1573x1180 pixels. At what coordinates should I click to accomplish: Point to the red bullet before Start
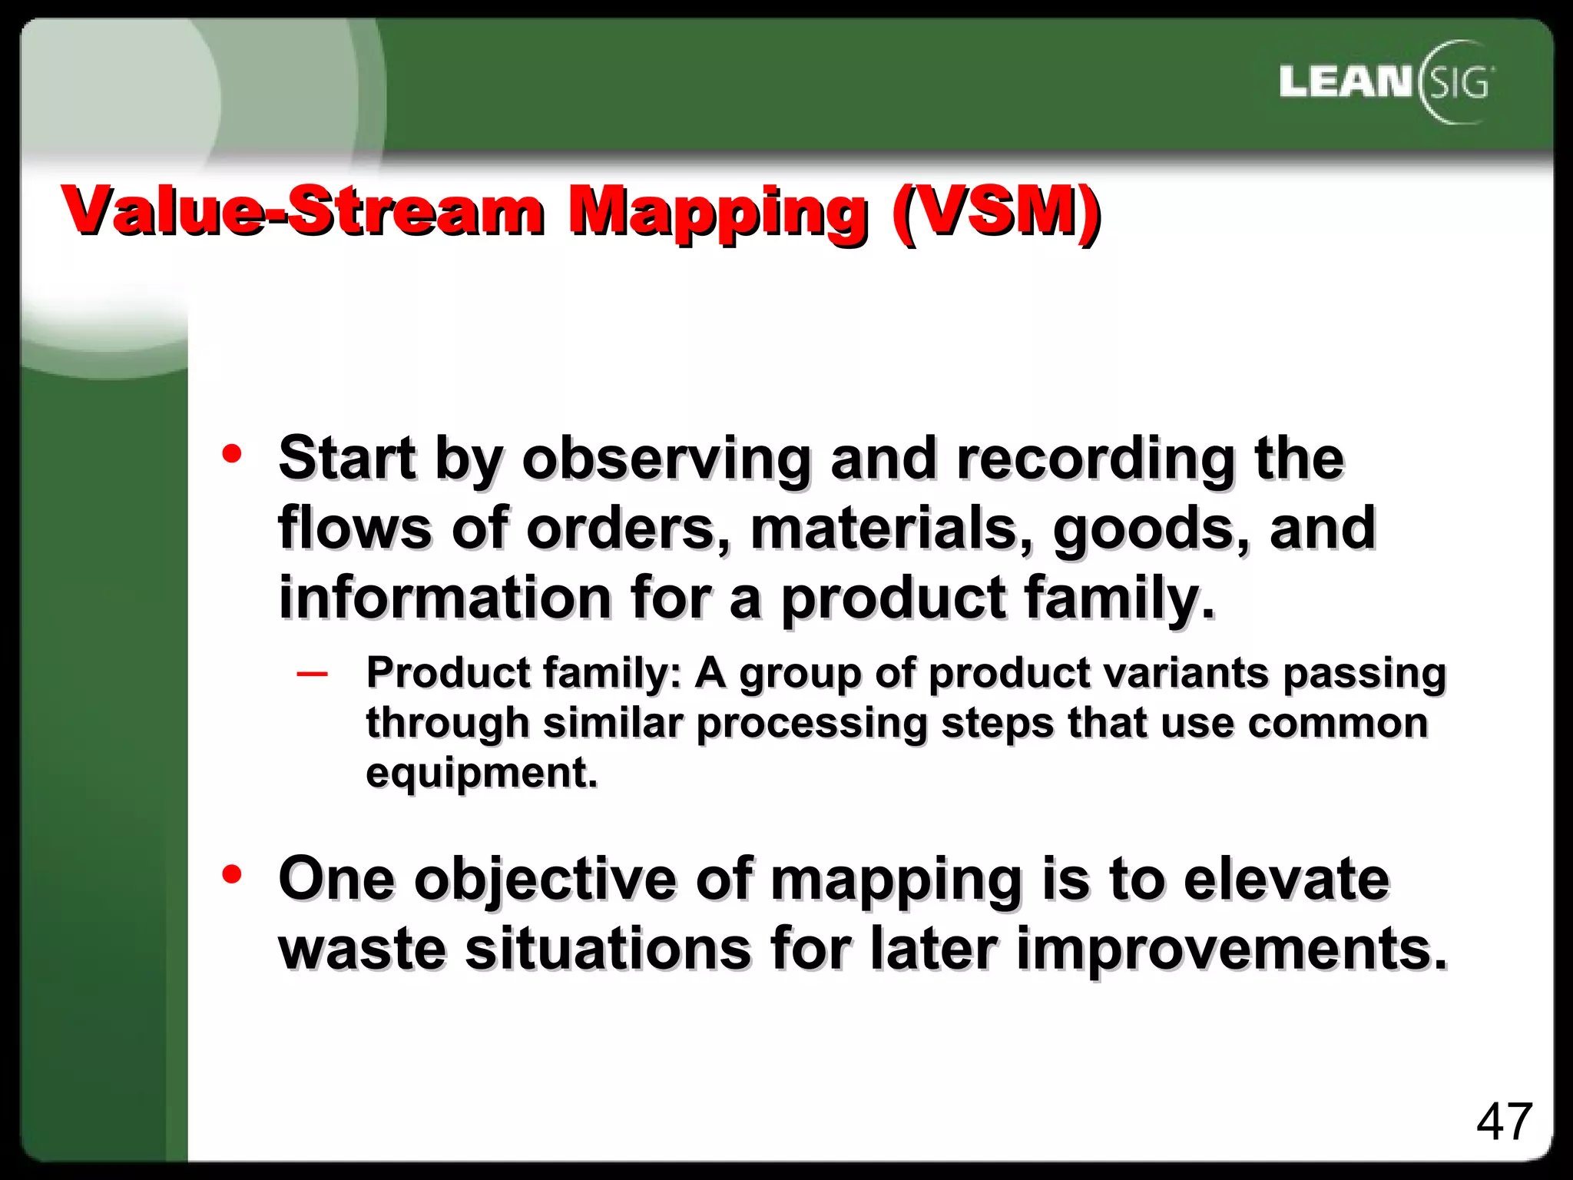pyautogui.click(x=231, y=453)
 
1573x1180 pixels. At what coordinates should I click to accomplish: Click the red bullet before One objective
pyautogui.click(x=231, y=873)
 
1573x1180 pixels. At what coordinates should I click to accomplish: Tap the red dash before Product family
pyautogui.click(x=312, y=674)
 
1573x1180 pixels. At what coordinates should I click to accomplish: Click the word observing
pyautogui.click(x=666, y=459)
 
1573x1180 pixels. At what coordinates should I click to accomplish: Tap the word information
pyautogui.click(x=445, y=598)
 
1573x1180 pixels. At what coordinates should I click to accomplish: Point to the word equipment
pyautogui.click(x=481, y=773)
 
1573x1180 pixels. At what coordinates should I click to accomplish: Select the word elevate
pyautogui.click(x=1287, y=879)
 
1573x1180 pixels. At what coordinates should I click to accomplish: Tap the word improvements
pyautogui.click(x=1231, y=950)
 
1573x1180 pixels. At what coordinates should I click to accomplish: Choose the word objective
pyautogui.click(x=545, y=880)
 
